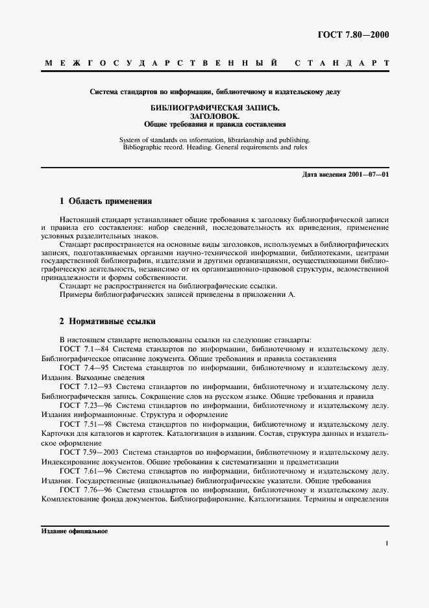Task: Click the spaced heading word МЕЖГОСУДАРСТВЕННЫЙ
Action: point(162,64)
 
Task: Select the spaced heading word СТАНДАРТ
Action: point(341,64)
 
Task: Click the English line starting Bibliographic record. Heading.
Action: point(214,147)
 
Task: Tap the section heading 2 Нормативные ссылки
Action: point(107,322)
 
